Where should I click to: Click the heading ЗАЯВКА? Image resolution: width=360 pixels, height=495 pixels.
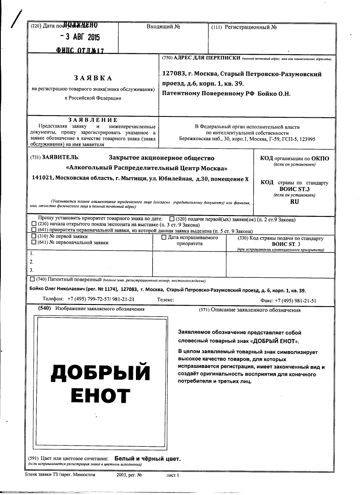[x=93, y=78]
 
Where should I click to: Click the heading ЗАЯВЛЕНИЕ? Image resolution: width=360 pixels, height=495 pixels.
[x=93, y=120]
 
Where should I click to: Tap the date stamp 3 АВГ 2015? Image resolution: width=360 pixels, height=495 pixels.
[x=80, y=37]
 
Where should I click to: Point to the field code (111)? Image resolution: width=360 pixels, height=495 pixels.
[x=216, y=28]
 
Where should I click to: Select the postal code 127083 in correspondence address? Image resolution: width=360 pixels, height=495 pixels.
[x=174, y=74]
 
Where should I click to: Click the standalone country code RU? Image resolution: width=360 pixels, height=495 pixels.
[x=294, y=202]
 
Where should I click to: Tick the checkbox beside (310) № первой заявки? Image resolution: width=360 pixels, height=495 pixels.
[x=34, y=236]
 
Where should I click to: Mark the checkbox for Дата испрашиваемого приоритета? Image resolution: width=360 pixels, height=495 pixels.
[x=164, y=238]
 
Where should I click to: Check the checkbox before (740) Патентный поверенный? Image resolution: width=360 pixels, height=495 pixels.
[x=33, y=279]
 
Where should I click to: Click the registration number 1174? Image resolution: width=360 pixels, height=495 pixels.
[x=105, y=290]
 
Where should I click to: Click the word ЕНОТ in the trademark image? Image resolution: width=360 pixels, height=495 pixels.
[x=100, y=395]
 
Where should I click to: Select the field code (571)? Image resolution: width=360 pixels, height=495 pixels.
[x=204, y=310]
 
